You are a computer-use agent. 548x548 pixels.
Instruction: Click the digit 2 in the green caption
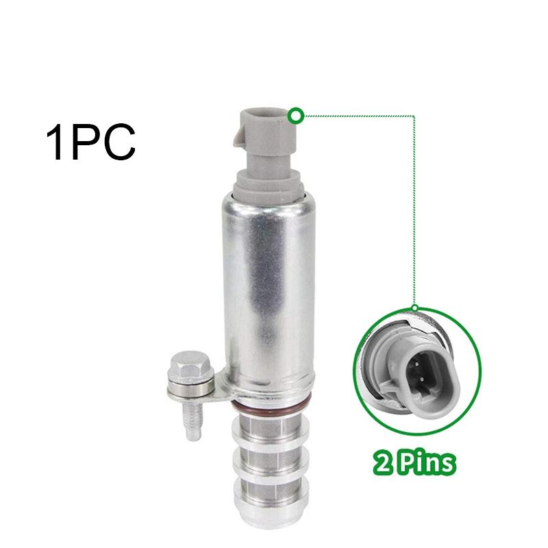(x=382, y=464)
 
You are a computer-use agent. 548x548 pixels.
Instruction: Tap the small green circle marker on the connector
(x=296, y=115)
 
